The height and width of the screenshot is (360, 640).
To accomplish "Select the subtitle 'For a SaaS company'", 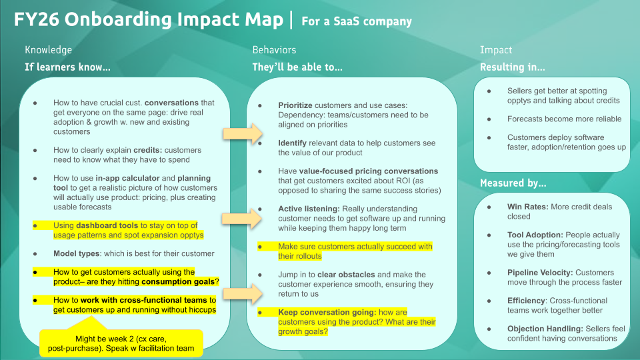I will (x=357, y=21).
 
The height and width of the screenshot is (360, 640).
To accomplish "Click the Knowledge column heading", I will (x=48, y=50).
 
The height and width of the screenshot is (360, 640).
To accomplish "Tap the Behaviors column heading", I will (x=274, y=50).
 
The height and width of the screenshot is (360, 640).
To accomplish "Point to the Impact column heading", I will (x=496, y=50).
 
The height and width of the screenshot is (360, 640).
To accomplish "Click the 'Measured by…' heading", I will (x=513, y=183).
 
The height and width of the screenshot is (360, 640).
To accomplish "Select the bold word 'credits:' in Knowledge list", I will (x=150, y=151).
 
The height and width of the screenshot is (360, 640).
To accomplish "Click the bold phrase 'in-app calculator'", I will (x=122, y=179).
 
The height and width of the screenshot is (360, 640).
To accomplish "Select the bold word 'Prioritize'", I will (x=295, y=106).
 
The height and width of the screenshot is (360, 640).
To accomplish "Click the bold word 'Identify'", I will (x=291, y=143).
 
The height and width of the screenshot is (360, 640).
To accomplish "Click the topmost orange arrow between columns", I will (x=242, y=134).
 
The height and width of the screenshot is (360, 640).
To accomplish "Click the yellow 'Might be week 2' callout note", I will (x=121, y=343).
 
